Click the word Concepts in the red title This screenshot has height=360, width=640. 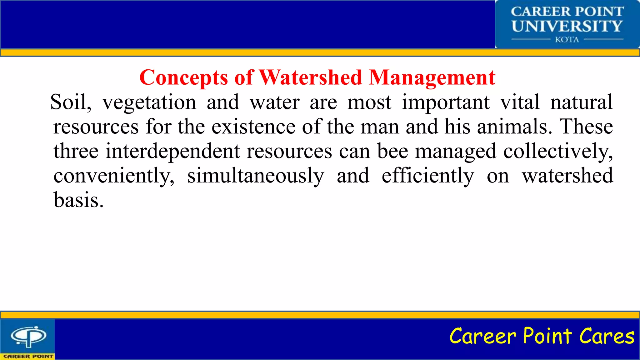click(184, 77)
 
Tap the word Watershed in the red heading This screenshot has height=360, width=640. click(310, 77)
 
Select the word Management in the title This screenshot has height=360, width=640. click(432, 77)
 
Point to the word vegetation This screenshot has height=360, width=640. click(149, 102)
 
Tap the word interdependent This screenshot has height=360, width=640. click(172, 151)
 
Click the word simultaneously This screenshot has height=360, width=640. click(255, 176)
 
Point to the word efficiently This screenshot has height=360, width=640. click(427, 176)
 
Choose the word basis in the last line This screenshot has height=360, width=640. click(78, 200)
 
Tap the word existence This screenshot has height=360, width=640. click(253, 127)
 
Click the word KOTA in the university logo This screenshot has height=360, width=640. click(567, 40)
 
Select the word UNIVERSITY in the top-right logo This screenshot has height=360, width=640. click(567, 26)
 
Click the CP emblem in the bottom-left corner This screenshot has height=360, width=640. click(28, 337)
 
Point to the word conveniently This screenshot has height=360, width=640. click(114, 176)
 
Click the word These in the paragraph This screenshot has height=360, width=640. click(586, 127)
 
